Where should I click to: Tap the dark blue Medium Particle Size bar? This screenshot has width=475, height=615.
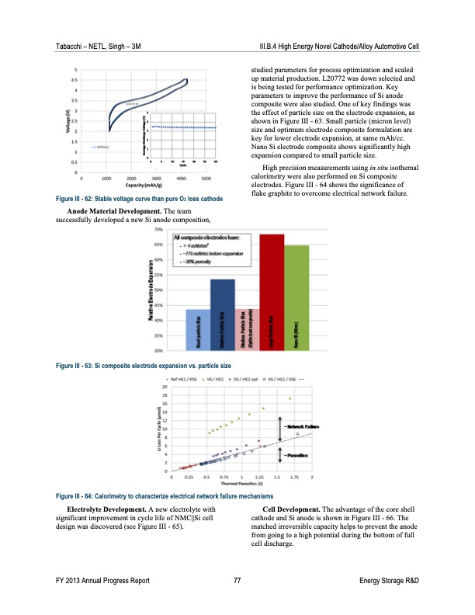[223, 314]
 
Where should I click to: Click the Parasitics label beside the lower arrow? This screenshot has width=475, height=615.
[297, 454]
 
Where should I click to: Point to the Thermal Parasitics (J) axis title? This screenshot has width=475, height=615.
[241, 484]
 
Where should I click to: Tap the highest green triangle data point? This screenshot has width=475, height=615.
[290, 398]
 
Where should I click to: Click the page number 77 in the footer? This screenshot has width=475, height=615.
[237, 582]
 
